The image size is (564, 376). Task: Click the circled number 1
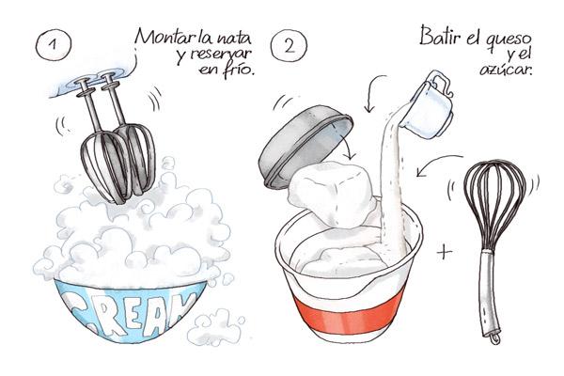point(54,44)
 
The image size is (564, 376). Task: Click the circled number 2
point(289,46)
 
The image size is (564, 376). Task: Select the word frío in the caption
point(239,70)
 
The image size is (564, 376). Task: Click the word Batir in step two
point(440,37)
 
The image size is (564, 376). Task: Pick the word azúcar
point(506,69)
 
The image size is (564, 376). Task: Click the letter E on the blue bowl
point(132,314)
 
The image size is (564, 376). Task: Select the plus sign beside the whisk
point(445,252)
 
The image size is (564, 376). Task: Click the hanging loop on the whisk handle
point(495,337)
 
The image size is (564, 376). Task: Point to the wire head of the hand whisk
point(493,205)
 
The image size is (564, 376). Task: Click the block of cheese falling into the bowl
point(332,194)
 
